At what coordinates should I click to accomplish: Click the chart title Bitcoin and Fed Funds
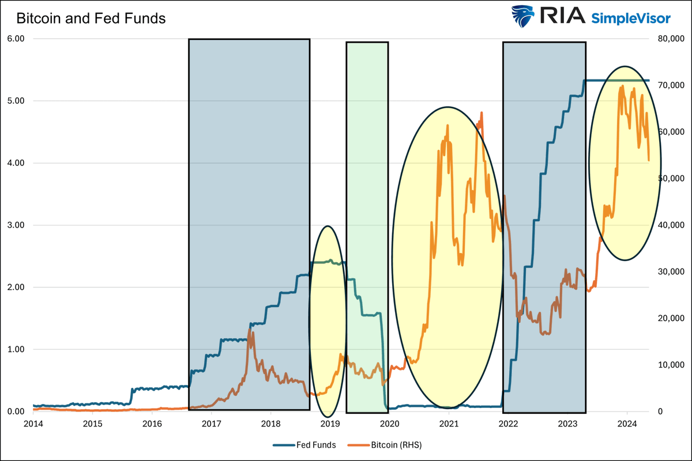pyautogui.click(x=91, y=18)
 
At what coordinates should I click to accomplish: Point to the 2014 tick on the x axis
pyautogui.click(x=33, y=424)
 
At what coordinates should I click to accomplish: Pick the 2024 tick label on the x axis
pyautogui.click(x=627, y=424)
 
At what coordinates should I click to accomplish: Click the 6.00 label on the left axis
pyautogui.click(x=16, y=39)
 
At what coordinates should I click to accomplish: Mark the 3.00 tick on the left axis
pyautogui.click(x=16, y=225)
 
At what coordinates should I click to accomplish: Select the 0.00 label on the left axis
pyautogui.click(x=16, y=411)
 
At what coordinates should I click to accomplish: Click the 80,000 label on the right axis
pyautogui.click(x=671, y=39)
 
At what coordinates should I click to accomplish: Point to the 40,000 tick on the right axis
pyautogui.click(x=671, y=225)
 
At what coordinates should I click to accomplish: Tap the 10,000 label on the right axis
pyautogui.click(x=671, y=365)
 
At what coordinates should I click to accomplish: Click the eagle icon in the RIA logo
pyautogui.click(x=521, y=17)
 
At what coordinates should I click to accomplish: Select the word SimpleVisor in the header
pyautogui.click(x=631, y=18)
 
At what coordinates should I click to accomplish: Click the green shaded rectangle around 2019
pyautogui.click(x=367, y=225)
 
